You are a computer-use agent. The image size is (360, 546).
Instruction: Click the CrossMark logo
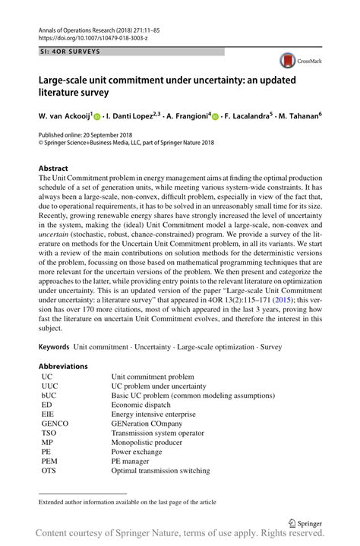[x=297, y=60]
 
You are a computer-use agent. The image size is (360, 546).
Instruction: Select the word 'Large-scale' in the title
[x=65, y=79]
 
